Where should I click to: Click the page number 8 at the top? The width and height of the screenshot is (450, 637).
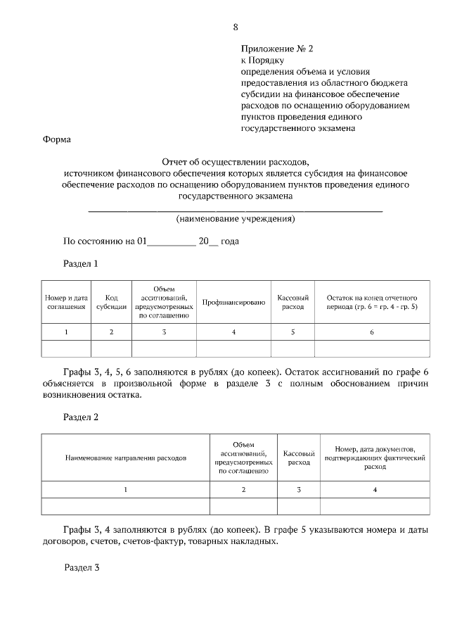point(235,27)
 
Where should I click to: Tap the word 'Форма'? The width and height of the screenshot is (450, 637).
point(57,139)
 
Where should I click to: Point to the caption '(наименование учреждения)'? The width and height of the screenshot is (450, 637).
point(235,219)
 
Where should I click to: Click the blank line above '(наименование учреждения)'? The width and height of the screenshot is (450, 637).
point(235,209)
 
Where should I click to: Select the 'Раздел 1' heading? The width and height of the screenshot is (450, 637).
point(80,264)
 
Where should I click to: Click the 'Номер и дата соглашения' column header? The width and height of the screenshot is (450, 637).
point(66,302)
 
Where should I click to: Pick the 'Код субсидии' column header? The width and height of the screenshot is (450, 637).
point(111,302)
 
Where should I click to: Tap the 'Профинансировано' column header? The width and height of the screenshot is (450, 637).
point(233,302)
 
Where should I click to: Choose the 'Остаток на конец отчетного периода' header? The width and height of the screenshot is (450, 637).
point(372,302)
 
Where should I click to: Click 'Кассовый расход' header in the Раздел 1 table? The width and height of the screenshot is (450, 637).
point(292,302)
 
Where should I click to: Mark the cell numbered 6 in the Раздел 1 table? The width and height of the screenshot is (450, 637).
point(372,332)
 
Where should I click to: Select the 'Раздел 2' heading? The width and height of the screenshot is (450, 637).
point(81,417)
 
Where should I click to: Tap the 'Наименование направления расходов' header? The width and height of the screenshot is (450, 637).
point(126,458)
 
